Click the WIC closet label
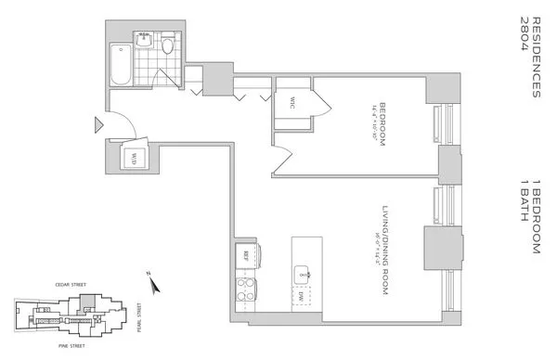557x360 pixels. click(x=289, y=103)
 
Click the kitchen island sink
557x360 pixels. click(x=303, y=274)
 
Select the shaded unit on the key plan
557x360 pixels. click(x=86, y=303)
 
